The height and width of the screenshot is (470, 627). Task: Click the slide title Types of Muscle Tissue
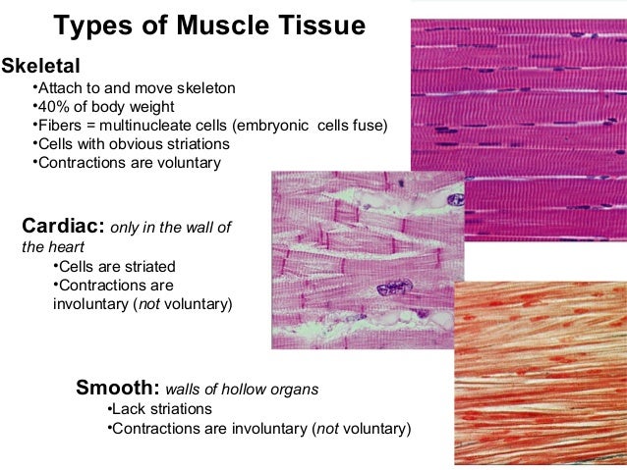point(208,24)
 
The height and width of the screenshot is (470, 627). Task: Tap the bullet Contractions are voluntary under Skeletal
point(128,162)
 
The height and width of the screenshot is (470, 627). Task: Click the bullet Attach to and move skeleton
point(135,87)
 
